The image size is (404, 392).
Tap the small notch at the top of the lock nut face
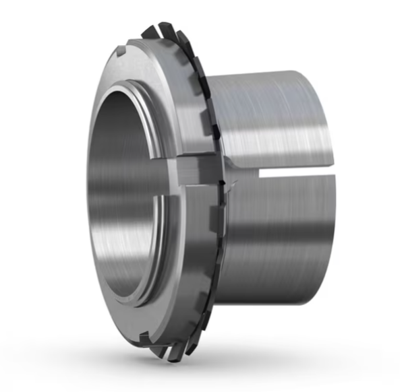pyautogui.click(x=121, y=51)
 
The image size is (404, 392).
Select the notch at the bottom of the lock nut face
pyautogui.click(x=132, y=328)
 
